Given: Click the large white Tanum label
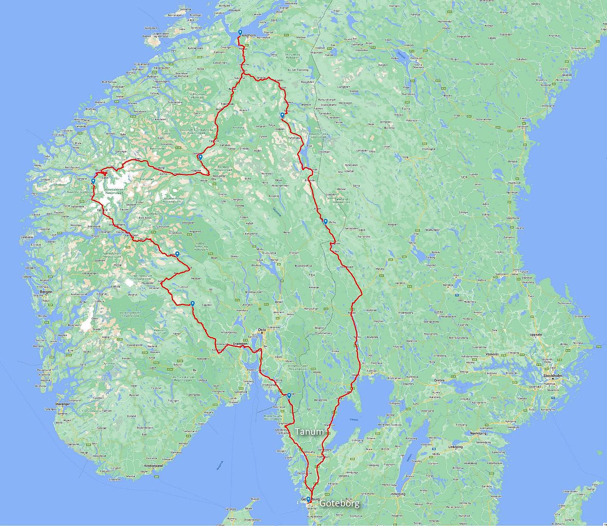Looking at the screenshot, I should pyautogui.click(x=309, y=432).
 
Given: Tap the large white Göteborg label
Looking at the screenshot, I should pyautogui.click(x=340, y=503).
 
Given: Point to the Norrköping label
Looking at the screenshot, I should pyautogui.click(x=478, y=432).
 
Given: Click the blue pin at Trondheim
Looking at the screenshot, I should pyautogui.click(x=240, y=33).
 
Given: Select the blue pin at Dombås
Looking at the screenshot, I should pyautogui.click(x=200, y=157).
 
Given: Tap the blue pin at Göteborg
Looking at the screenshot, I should pyautogui.click(x=308, y=499).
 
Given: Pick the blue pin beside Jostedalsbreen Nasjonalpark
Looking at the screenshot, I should pyautogui.click(x=93, y=181).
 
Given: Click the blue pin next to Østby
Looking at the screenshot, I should pyautogui.click(x=325, y=222).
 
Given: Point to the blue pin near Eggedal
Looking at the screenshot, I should pyautogui.click(x=193, y=303).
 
